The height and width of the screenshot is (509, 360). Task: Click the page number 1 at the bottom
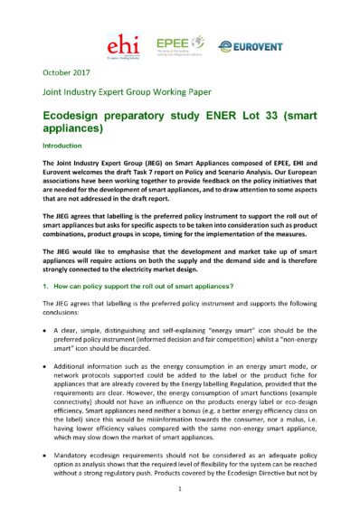(x=180, y=489)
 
